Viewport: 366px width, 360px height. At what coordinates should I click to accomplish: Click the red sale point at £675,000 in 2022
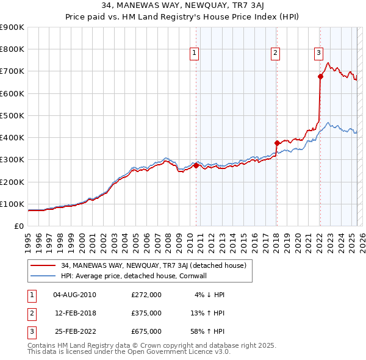(x=320, y=76)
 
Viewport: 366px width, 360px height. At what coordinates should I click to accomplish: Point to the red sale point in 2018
(x=277, y=143)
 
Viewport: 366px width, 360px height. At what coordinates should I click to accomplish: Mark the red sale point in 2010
(x=196, y=165)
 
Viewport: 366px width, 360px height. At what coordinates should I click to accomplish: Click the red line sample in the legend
(x=43, y=265)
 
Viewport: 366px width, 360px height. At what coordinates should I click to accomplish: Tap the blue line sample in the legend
(x=43, y=276)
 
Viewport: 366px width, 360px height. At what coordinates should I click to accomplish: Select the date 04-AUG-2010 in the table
(x=74, y=295)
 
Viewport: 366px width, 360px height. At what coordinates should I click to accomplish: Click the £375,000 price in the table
(x=146, y=313)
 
